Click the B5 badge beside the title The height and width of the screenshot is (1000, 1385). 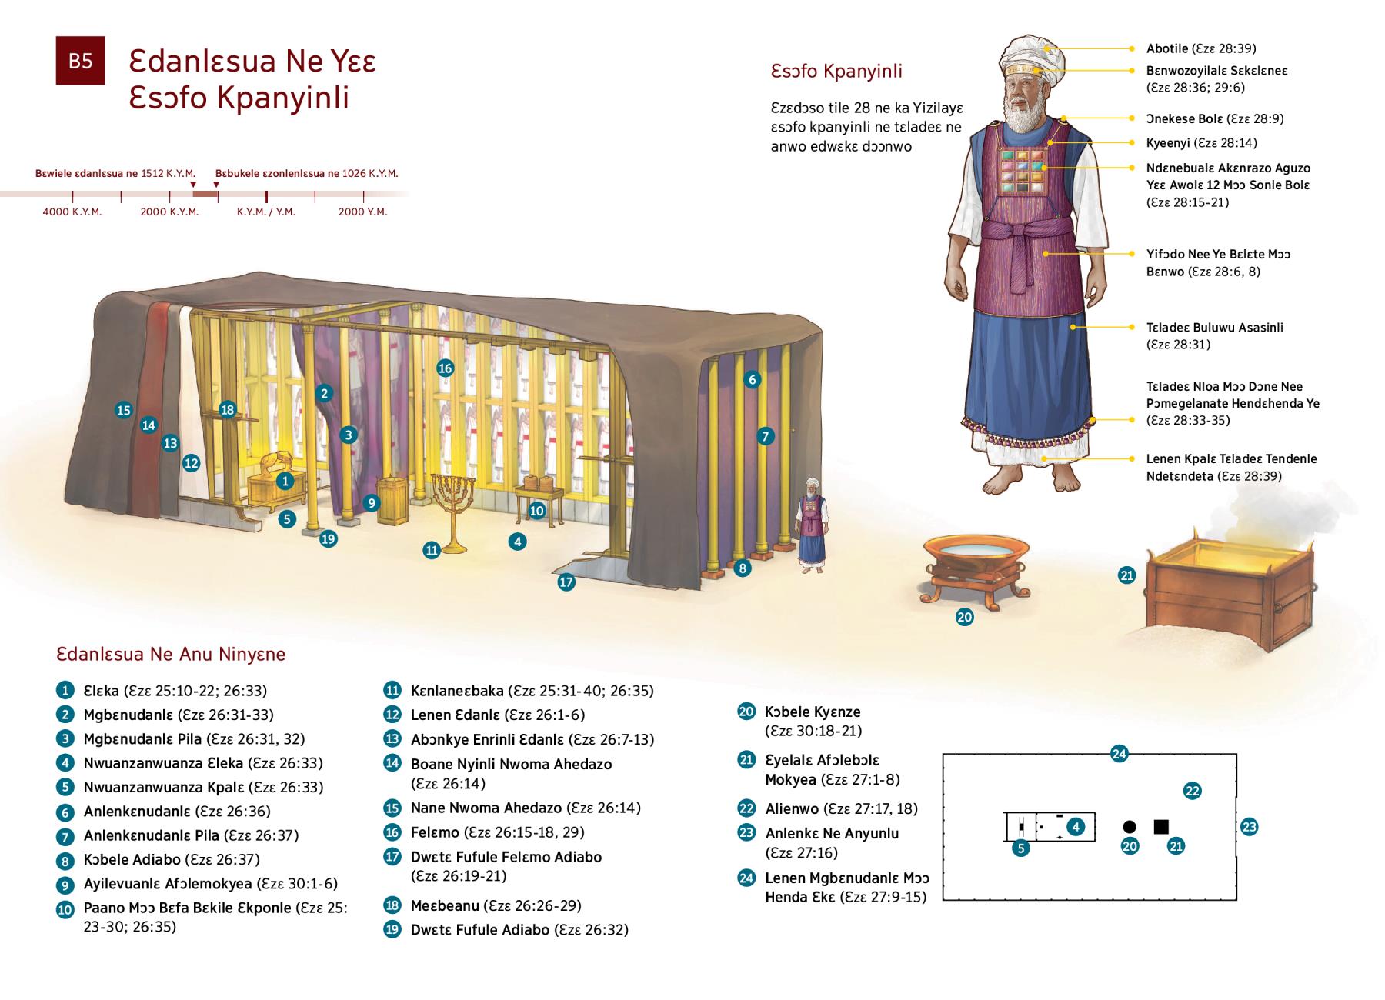[x=80, y=60]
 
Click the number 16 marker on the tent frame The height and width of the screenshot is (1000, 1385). [x=445, y=368]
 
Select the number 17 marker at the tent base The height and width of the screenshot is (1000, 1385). [x=566, y=582]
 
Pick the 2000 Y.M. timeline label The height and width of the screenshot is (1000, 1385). [x=362, y=212]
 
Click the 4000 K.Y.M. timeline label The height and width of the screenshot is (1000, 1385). [x=72, y=212]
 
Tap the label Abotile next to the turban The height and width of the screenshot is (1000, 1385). [x=1167, y=48]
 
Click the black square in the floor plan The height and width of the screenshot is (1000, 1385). [x=1161, y=827]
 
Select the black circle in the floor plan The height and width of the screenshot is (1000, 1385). [x=1130, y=827]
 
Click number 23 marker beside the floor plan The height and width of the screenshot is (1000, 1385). [x=1249, y=827]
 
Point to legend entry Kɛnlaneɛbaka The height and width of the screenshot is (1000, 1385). [x=457, y=691]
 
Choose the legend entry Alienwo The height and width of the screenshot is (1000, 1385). [x=793, y=808]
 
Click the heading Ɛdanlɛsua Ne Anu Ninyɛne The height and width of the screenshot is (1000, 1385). [x=171, y=655]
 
